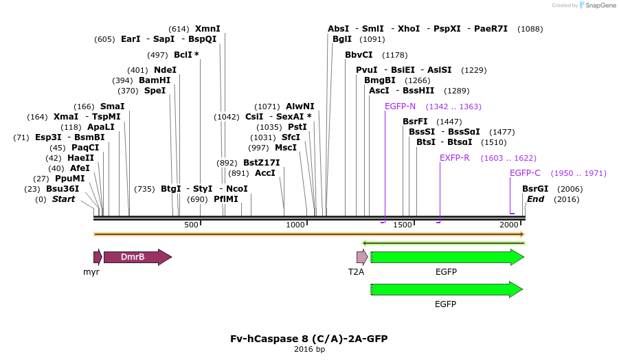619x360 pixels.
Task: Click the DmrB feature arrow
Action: pyautogui.click(x=137, y=257)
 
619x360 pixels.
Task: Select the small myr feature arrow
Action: pyautogui.click(x=98, y=257)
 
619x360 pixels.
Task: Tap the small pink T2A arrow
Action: pyautogui.click(x=361, y=257)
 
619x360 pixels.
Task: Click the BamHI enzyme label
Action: pyautogui.click(x=155, y=80)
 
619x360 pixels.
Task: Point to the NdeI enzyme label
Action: pyautogui.click(x=165, y=70)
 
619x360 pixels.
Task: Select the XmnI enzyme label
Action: pyautogui.click(x=207, y=29)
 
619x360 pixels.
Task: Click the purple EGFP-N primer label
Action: pyautogui.click(x=400, y=106)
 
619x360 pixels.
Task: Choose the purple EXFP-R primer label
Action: pyautogui.click(x=454, y=158)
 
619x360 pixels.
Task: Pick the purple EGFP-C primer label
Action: pyautogui.click(x=525, y=173)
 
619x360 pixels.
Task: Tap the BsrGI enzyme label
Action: pyautogui.click(x=535, y=189)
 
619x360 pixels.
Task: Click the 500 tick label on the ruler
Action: pyautogui.click(x=191, y=225)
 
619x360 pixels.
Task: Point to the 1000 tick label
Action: pyautogui.click(x=295, y=225)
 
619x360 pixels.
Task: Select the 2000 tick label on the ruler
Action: pyautogui.click(x=508, y=225)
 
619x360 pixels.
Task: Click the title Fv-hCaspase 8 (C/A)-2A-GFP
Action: pyautogui.click(x=309, y=339)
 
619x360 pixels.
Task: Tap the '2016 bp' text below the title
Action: pyautogui.click(x=309, y=350)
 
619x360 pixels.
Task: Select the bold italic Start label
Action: pyautogui.click(x=63, y=199)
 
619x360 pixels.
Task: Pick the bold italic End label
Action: pyautogui.click(x=535, y=199)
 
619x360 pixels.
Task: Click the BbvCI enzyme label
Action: pyautogui.click(x=359, y=55)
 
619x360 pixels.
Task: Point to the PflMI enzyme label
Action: pyautogui.click(x=225, y=199)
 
